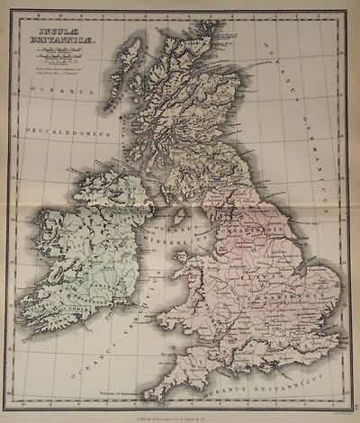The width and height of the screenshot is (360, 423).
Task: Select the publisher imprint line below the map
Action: pos(181,412)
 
